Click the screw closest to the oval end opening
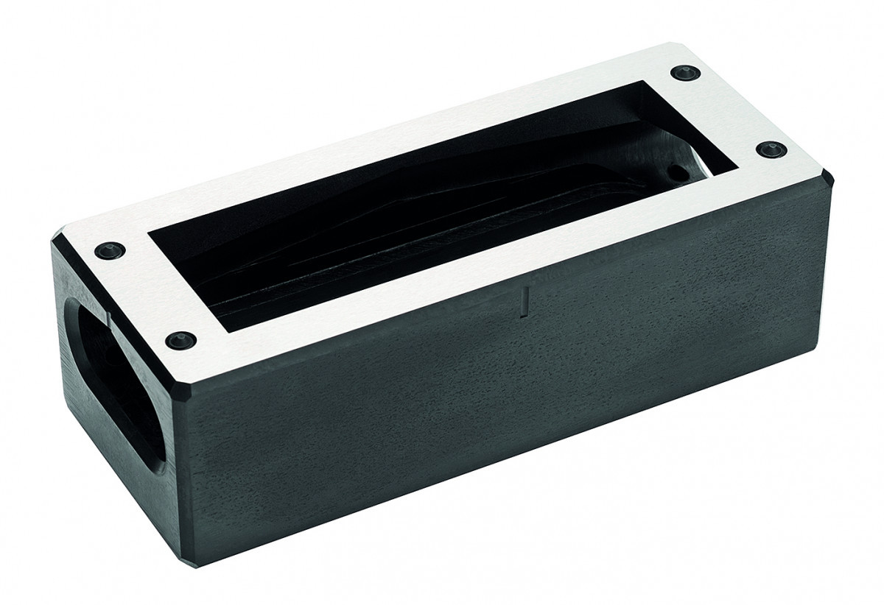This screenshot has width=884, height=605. point(110,250)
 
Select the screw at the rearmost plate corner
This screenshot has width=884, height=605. point(685,73)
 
